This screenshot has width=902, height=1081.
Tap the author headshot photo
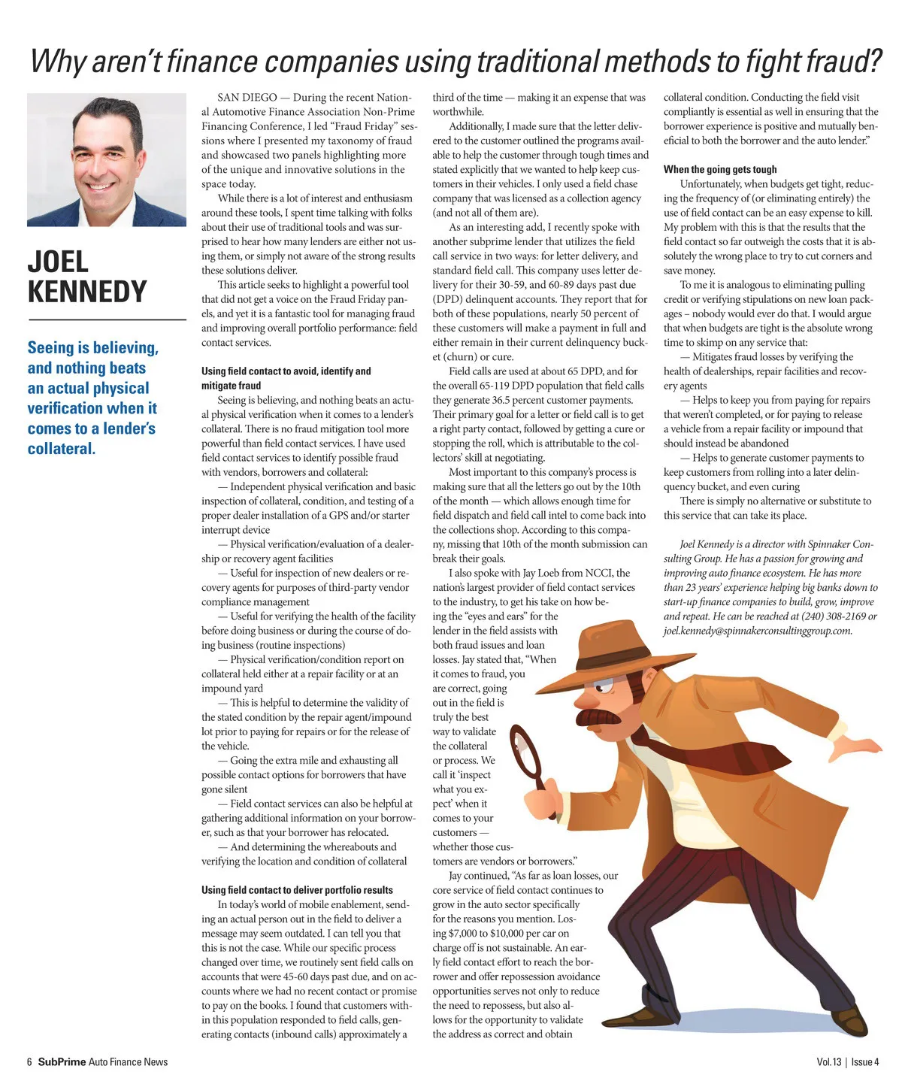[x=107, y=159]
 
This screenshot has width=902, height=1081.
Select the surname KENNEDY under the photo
[x=87, y=292]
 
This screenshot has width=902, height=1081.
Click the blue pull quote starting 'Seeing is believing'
[x=92, y=398]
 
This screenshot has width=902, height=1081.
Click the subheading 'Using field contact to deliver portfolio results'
[x=297, y=890]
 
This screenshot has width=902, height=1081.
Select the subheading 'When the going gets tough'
[x=720, y=170]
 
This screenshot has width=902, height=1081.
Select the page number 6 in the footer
[x=29, y=1062]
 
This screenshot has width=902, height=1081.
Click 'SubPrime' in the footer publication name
[x=62, y=1062]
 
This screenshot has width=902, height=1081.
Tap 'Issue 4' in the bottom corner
[x=865, y=1062]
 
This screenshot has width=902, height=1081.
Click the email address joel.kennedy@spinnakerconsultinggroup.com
[x=758, y=631]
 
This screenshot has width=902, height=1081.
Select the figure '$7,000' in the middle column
[x=468, y=934]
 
